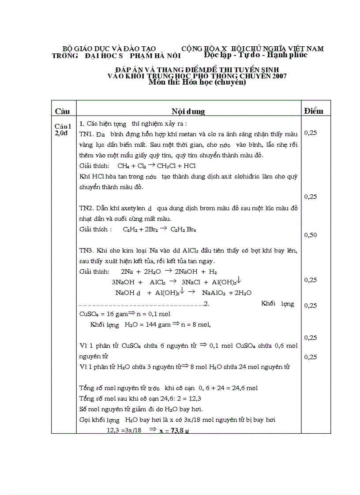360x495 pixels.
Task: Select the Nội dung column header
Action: click(x=188, y=111)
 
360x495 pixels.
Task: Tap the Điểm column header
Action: click(x=313, y=110)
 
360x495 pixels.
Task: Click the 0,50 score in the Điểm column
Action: click(x=311, y=235)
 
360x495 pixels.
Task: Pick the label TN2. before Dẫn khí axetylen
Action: click(x=86, y=208)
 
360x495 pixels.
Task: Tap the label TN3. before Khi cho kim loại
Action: click(x=86, y=250)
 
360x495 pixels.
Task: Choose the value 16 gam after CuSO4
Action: click(x=116, y=314)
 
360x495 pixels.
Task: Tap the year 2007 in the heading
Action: click(x=279, y=76)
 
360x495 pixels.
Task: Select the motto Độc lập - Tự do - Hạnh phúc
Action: click(x=255, y=55)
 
